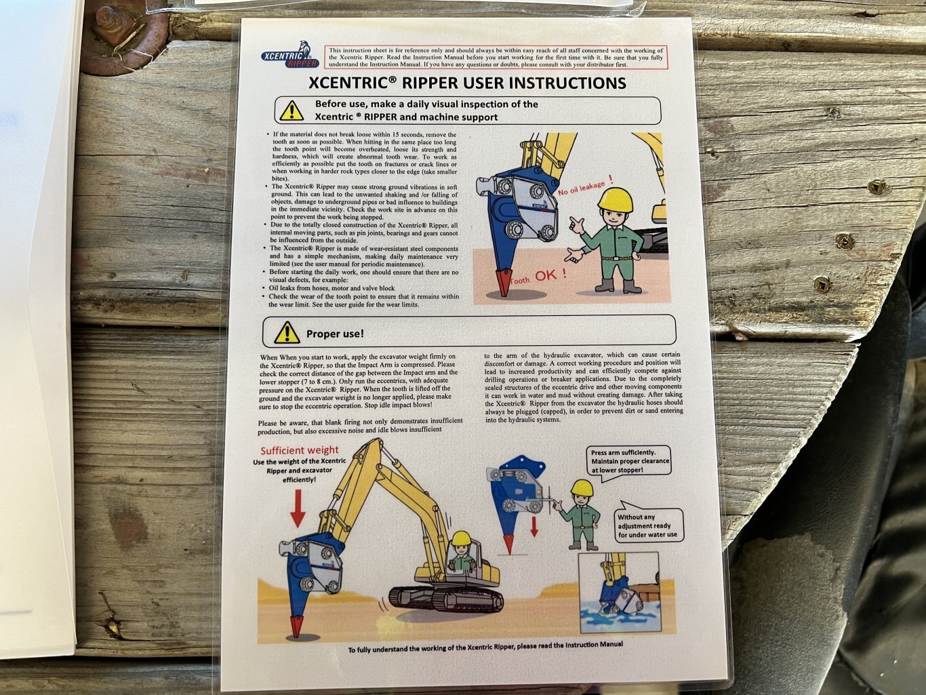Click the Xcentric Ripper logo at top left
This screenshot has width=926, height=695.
[290, 55]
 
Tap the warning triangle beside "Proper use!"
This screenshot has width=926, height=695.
[287, 332]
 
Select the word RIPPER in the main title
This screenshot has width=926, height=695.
[430, 83]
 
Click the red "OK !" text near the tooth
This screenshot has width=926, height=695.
[551, 275]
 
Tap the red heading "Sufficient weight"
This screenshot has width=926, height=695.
[300, 450]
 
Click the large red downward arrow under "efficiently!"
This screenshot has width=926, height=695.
[298, 508]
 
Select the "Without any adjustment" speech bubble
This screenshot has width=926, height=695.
[649, 523]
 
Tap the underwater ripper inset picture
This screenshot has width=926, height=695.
[619, 598]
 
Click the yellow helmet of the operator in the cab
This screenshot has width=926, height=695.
[460, 538]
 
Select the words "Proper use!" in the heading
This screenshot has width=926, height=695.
[335, 334]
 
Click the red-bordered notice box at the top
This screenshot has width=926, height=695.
[496, 57]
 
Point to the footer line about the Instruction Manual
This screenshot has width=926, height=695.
[485, 647]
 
